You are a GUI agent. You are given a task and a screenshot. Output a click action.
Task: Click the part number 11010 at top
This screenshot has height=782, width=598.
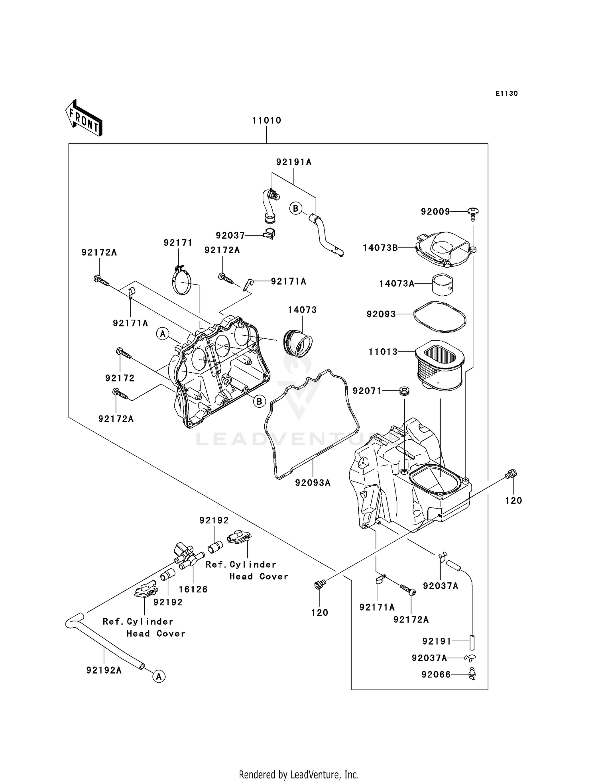tap(266, 120)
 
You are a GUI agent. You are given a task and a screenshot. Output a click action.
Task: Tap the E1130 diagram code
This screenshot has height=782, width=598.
tap(506, 94)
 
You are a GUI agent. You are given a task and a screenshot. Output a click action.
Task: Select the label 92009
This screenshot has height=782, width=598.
tap(435, 212)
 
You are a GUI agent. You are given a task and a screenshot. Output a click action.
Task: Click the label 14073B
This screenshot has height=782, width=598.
tap(380, 248)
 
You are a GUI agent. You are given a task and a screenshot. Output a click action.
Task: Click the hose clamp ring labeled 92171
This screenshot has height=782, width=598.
tap(182, 281)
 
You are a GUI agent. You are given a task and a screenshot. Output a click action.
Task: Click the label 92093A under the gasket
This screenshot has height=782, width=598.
tap(313, 483)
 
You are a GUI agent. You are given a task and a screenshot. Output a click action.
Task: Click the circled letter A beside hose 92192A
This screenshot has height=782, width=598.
tap(159, 676)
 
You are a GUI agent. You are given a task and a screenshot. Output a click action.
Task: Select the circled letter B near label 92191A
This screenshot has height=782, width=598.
tap(295, 208)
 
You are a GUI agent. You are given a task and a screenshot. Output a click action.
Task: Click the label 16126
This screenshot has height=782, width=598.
tap(193, 589)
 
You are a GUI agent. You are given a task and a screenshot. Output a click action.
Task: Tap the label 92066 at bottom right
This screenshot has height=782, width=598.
tap(436, 674)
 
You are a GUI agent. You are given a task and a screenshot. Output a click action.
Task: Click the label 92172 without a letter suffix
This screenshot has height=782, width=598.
tap(120, 378)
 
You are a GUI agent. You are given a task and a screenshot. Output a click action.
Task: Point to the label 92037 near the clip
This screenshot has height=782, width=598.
tap(230, 236)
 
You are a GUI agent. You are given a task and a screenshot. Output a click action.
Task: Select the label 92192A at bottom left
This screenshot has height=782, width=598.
tap(104, 670)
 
